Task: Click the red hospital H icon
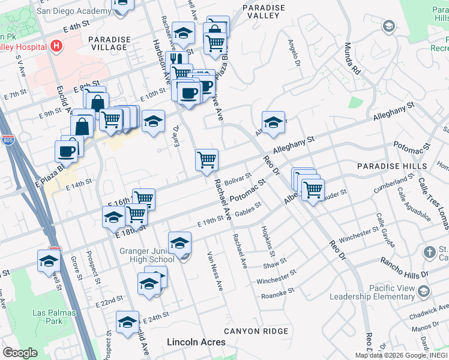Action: [56, 46]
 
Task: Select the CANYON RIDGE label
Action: [256, 331]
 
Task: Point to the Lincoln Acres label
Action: [196, 342]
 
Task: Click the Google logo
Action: [20, 353]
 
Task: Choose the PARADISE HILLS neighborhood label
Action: [383, 166]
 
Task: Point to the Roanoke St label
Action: [277, 293]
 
